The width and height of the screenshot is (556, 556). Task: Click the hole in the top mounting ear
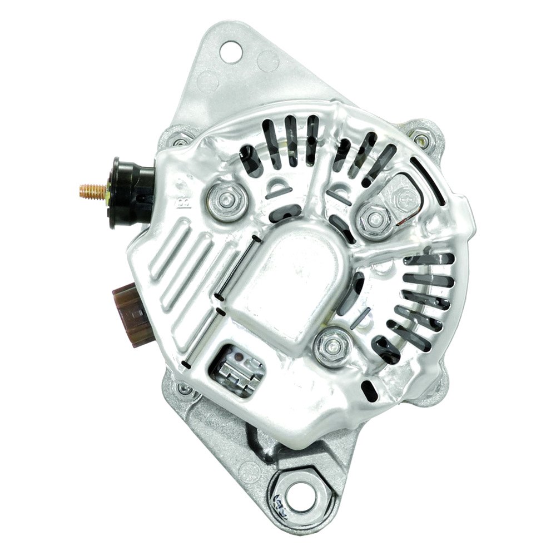pos(229,53)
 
